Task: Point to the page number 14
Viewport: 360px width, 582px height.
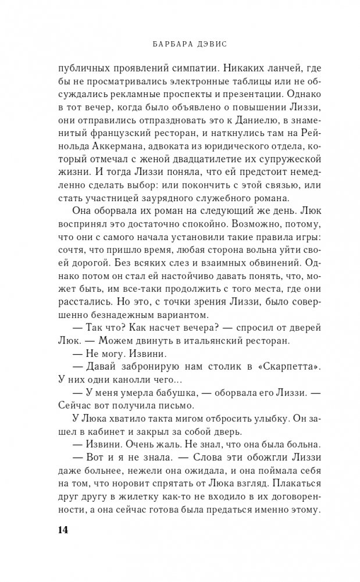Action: [x=63, y=530]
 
